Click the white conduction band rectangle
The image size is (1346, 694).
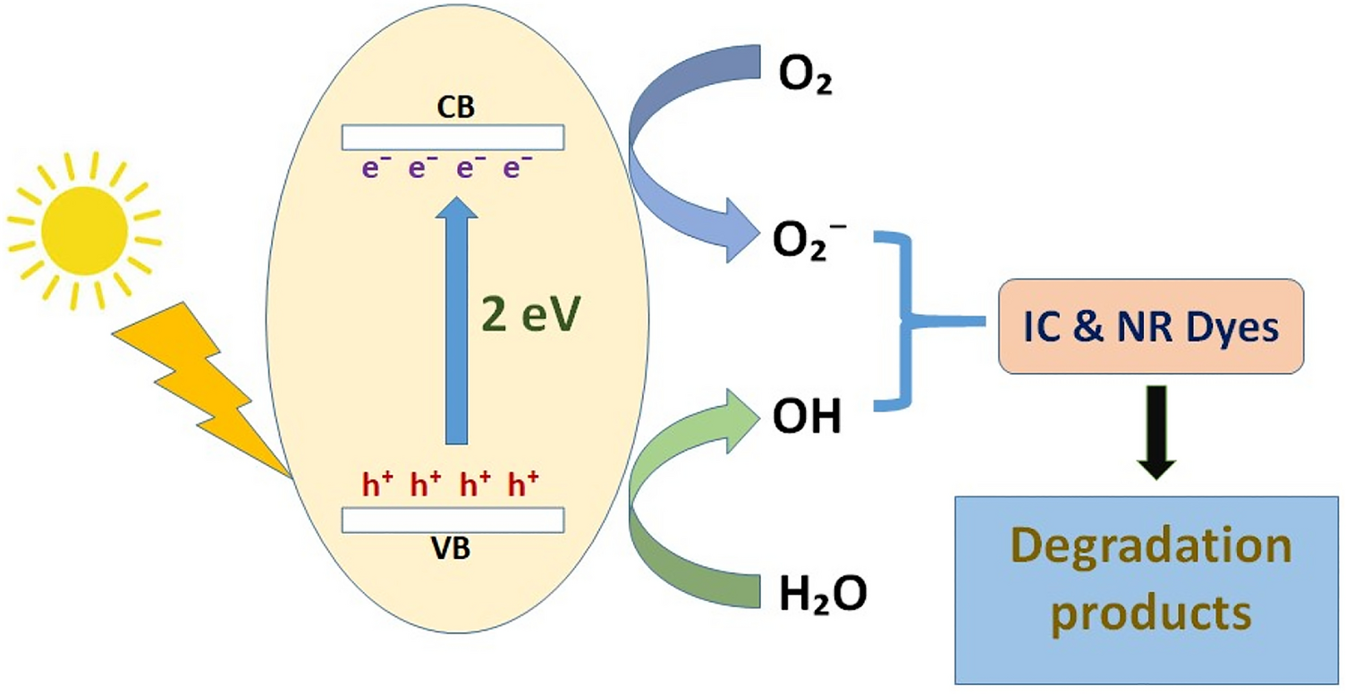(x=453, y=137)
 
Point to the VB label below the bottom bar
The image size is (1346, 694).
(x=453, y=548)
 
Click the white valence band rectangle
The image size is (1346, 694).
(x=453, y=520)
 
